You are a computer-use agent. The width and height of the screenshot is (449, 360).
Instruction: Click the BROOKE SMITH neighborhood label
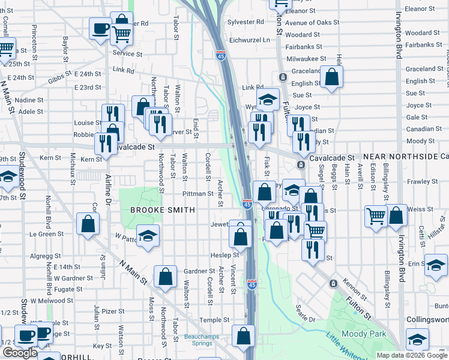(163, 210)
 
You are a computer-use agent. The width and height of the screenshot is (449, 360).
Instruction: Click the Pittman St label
(198, 194)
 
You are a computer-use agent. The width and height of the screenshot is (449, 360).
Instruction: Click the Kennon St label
(355, 289)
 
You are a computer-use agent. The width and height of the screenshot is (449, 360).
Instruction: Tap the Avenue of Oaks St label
(308, 23)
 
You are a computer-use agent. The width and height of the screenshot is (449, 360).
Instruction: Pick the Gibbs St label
(60, 79)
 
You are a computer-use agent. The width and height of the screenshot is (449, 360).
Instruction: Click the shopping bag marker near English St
(331, 77)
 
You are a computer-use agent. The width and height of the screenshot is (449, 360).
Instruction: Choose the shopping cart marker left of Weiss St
(376, 216)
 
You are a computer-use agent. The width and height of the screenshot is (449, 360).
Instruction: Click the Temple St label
(214, 320)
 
